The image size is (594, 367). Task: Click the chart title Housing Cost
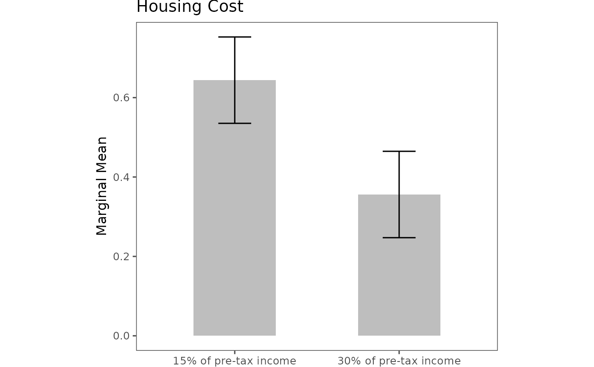(x=190, y=6)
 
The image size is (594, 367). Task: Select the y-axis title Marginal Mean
(x=101, y=186)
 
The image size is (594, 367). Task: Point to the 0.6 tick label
(x=121, y=98)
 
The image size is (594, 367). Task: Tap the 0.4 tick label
(x=121, y=177)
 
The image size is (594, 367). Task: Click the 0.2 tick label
(x=121, y=256)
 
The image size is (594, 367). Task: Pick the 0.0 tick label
(x=121, y=336)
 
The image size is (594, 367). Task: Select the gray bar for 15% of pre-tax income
(x=235, y=208)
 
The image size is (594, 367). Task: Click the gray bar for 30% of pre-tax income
(x=399, y=265)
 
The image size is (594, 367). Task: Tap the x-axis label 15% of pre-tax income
(x=235, y=361)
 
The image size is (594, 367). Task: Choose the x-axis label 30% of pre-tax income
(x=399, y=361)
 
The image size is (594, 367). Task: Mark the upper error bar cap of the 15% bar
(x=235, y=37)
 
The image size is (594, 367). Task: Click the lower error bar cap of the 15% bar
(x=235, y=123)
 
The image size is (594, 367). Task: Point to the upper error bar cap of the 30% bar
(x=399, y=151)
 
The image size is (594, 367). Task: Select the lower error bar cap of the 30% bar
(x=399, y=238)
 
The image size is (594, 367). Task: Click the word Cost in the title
(x=225, y=6)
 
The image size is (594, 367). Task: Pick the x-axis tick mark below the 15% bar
(x=235, y=352)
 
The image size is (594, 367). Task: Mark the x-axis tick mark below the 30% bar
(x=399, y=352)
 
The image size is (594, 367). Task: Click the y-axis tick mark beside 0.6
(x=134, y=98)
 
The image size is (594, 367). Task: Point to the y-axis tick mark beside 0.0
(x=134, y=336)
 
